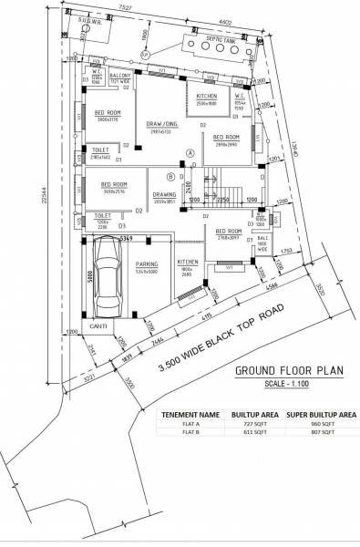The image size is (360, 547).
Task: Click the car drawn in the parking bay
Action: [106, 273]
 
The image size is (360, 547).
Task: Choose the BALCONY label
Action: [122, 77]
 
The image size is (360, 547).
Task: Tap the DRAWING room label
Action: [164, 194]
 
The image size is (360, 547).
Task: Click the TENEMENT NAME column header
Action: [190, 413]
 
